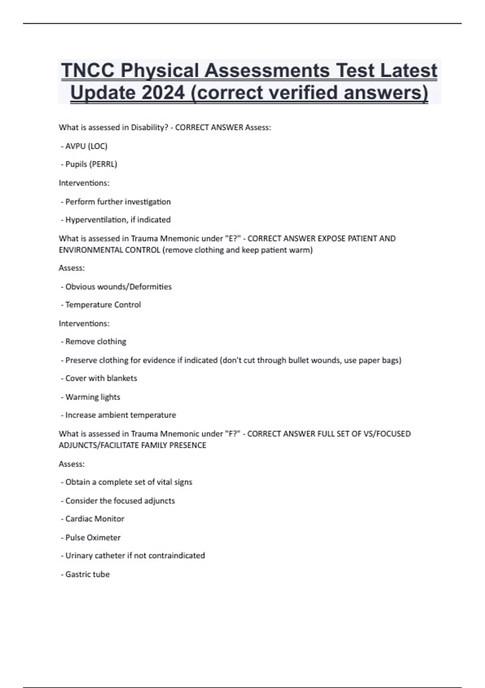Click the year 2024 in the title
pyautogui.click(x=163, y=93)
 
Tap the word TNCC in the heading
pyautogui.click(x=87, y=71)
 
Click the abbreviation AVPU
pyautogui.click(x=76, y=146)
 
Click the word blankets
pyautogui.click(x=122, y=378)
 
